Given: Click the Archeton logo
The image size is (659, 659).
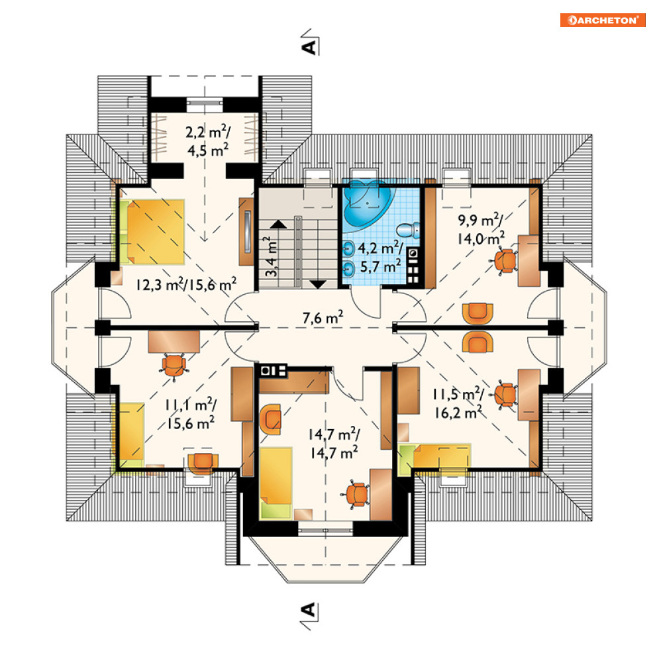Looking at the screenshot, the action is pyautogui.click(x=602, y=20).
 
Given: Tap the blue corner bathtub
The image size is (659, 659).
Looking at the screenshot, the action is pyautogui.click(x=368, y=203).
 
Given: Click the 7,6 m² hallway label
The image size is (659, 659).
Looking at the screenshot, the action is pyautogui.click(x=323, y=317).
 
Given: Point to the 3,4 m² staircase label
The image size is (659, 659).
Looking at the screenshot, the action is pyautogui.click(x=271, y=256).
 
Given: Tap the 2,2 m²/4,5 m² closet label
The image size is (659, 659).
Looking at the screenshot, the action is pyautogui.click(x=207, y=141).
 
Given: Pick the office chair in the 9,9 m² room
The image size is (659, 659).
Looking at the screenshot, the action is pyautogui.click(x=505, y=260).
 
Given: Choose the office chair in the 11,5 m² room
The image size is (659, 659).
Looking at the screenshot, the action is pyautogui.click(x=505, y=395).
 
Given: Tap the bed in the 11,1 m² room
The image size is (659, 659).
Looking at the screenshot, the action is pyautogui.click(x=131, y=435).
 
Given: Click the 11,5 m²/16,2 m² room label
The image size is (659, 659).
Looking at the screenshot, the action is pyautogui.click(x=458, y=403).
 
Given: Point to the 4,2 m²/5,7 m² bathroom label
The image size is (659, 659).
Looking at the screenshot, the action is pyautogui.click(x=381, y=257).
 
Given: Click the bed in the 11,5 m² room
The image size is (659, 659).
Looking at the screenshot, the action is pyautogui.click(x=434, y=459).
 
